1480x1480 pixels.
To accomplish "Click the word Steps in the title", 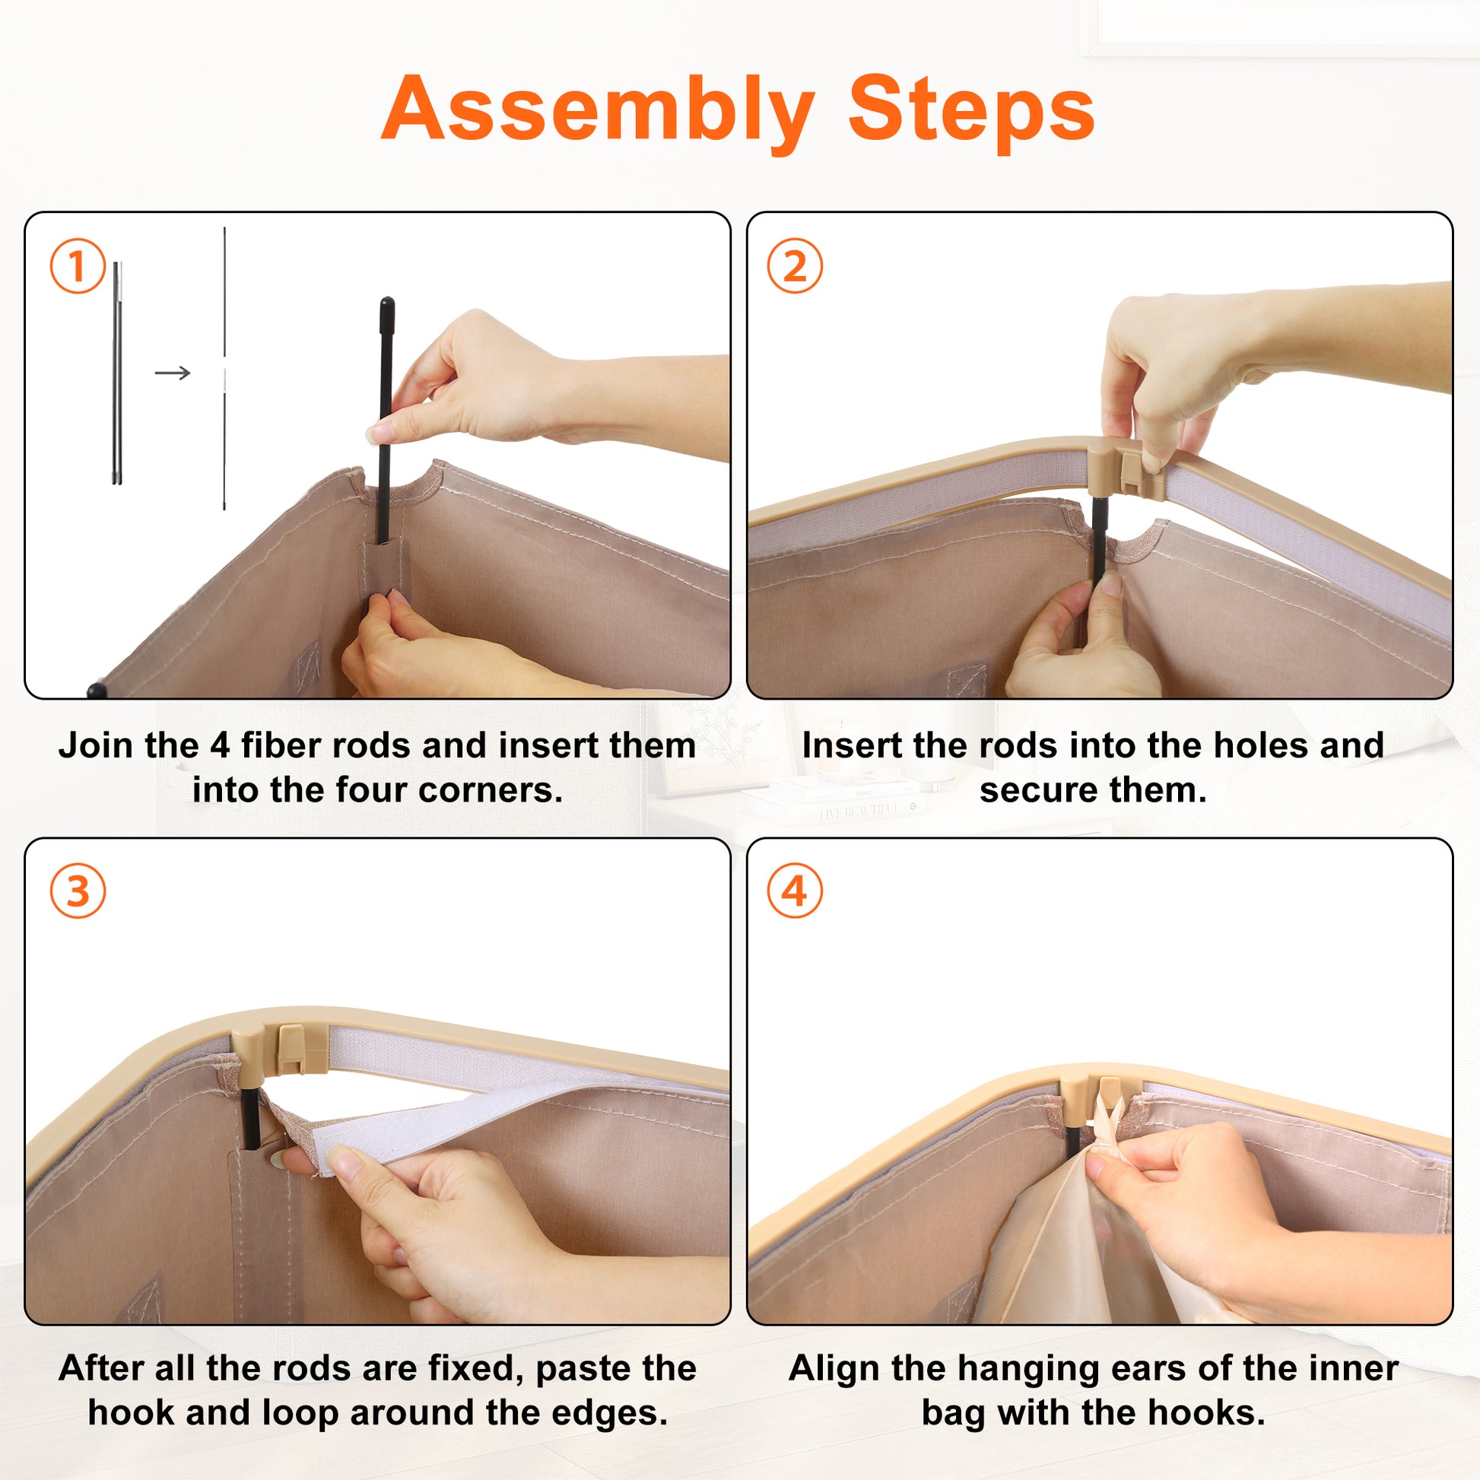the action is pyautogui.click(x=971, y=109).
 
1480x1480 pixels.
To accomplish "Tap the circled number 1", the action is pyautogui.click(x=78, y=266).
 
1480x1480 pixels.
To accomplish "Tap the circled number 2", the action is pyautogui.click(x=796, y=266).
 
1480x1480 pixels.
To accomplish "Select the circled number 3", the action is pyautogui.click(x=78, y=891).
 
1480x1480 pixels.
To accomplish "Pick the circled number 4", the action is pyautogui.click(x=796, y=891).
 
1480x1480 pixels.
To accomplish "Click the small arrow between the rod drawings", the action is pyautogui.click(x=173, y=373).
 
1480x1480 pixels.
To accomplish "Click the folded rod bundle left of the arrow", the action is pyautogui.click(x=117, y=373).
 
